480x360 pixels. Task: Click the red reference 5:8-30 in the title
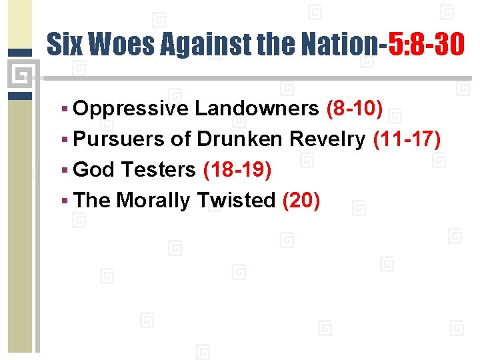point(425,45)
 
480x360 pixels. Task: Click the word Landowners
point(257,109)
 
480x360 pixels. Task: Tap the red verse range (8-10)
point(354,109)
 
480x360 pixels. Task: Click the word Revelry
point(327,139)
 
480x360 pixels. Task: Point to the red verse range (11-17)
point(407,139)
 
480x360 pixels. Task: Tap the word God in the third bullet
point(94,170)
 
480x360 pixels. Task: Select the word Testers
point(158,170)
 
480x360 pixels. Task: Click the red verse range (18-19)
point(237,170)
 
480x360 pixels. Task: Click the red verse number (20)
point(301,200)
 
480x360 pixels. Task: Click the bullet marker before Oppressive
point(64,109)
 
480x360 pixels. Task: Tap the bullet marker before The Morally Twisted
point(64,201)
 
